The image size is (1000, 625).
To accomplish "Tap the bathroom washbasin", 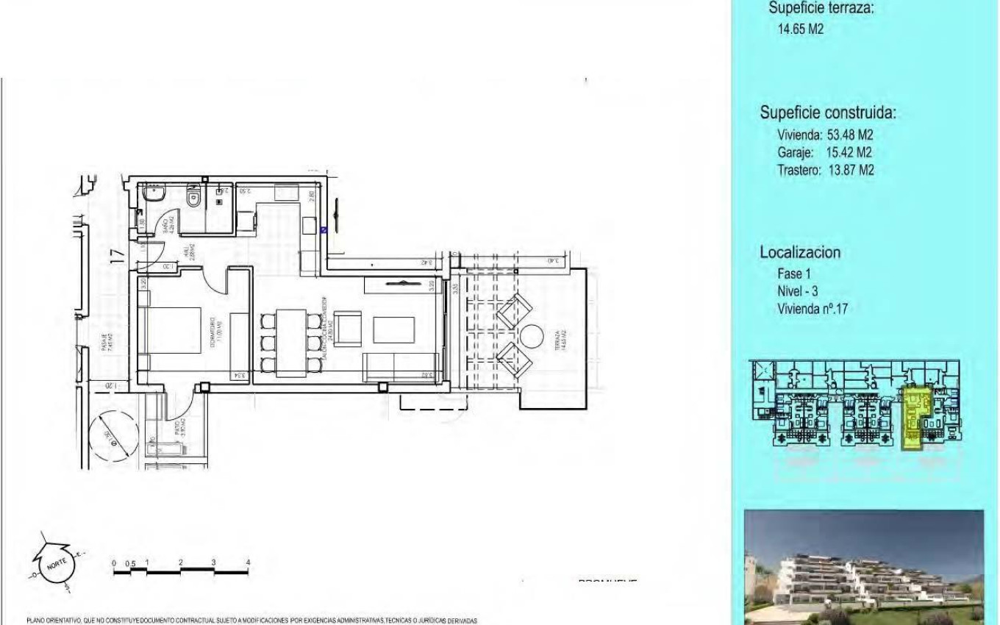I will click(154, 195).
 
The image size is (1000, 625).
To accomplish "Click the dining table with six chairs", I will click(292, 343).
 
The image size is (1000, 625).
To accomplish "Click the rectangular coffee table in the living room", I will click(388, 329).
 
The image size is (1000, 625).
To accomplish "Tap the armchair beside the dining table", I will click(349, 325).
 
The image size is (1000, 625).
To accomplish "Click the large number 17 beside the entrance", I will click(116, 257).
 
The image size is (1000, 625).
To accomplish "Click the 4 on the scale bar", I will click(248, 562).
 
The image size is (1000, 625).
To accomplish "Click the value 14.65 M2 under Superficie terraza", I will click(800, 30).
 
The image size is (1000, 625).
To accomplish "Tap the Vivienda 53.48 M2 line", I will click(825, 135).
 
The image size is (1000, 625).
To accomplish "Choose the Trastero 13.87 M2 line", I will click(825, 170).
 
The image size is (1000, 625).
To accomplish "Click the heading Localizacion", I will click(800, 252).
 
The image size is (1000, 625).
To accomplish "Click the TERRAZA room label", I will click(560, 340).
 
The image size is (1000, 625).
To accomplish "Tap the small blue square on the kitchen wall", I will click(324, 229).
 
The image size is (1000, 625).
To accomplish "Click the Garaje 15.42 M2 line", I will click(825, 153).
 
